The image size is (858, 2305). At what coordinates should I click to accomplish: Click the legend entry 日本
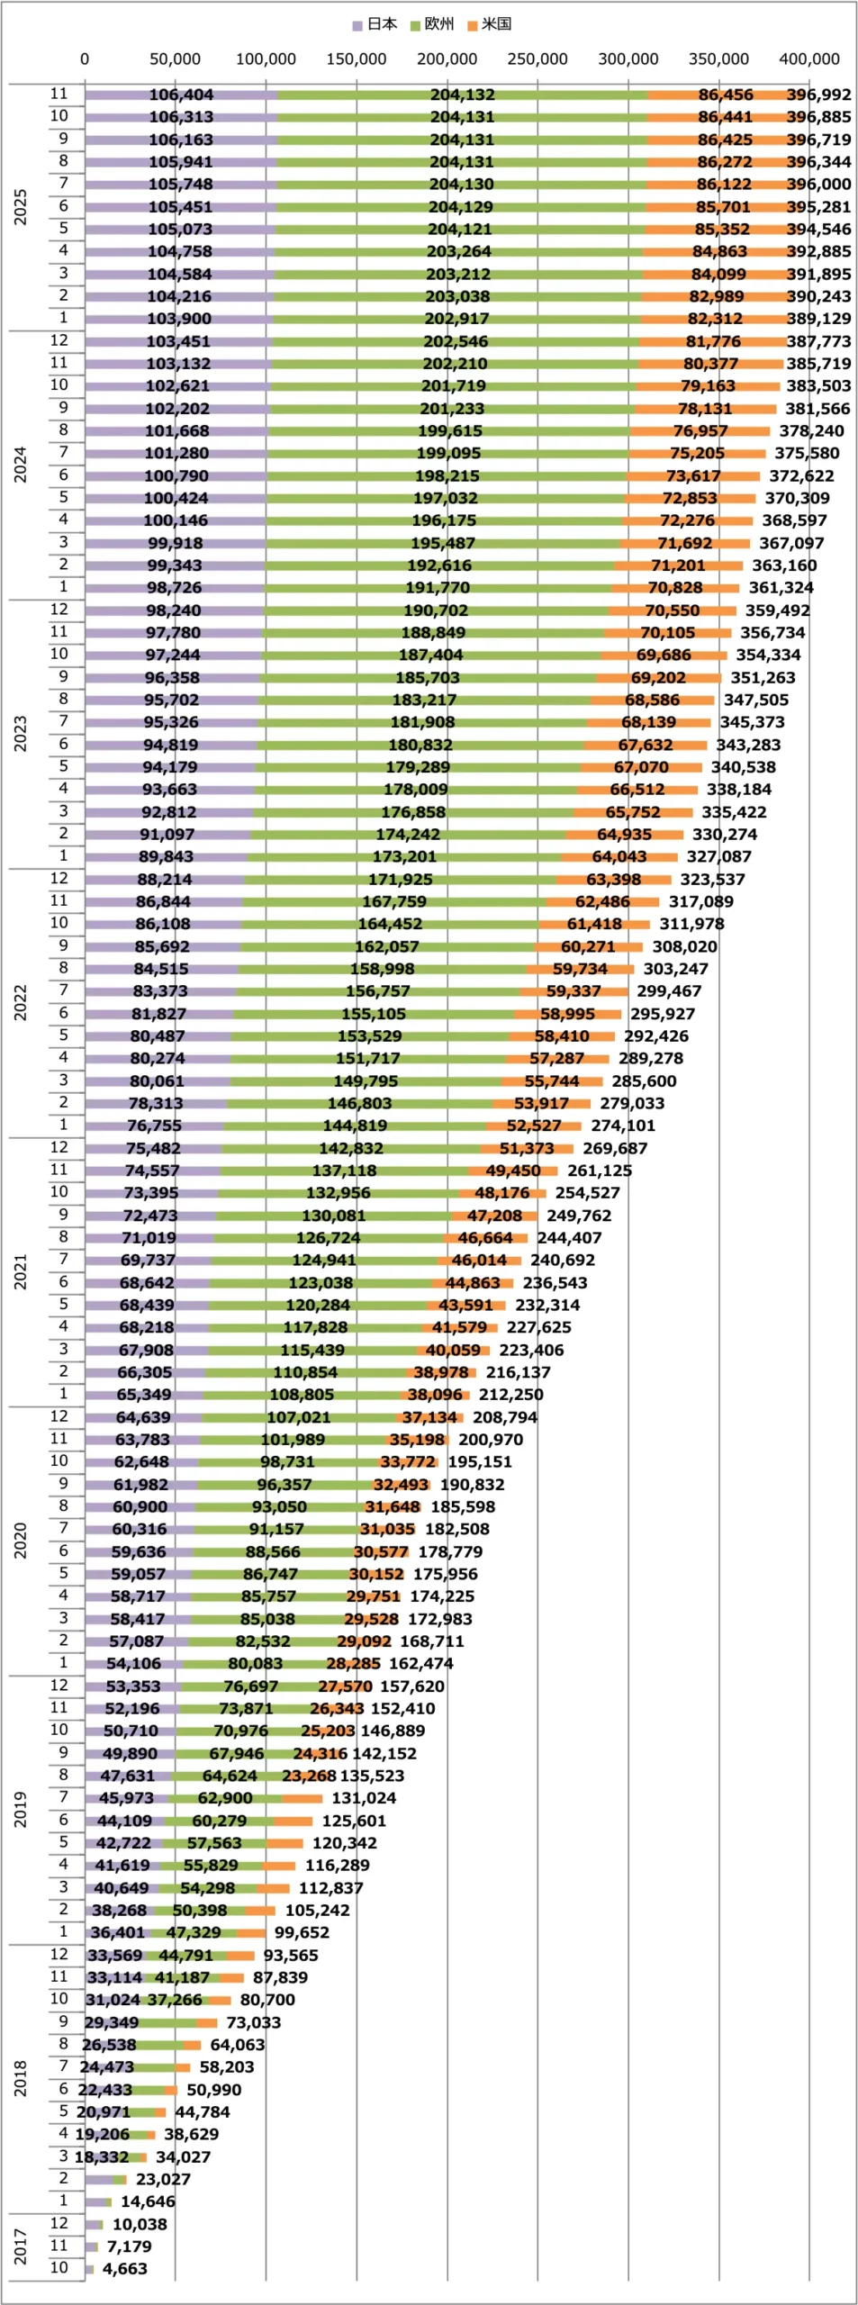[x=375, y=24]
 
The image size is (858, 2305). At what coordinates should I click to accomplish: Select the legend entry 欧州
[x=432, y=24]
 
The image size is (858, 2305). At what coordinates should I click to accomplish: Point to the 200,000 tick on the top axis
[x=447, y=59]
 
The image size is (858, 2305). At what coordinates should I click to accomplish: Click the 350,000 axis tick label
[x=718, y=59]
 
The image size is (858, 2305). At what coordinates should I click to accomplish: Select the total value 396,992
[x=818, y=95]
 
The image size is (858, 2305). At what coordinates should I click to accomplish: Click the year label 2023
[x=21, y=734]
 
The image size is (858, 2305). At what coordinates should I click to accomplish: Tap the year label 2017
[x=21, y=2246]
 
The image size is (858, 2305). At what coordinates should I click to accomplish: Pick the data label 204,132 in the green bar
[x=462, y=95]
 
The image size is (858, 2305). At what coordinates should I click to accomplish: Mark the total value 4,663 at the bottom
[x=124, y=2269]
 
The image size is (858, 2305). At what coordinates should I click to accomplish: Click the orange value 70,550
[x=672, y=610]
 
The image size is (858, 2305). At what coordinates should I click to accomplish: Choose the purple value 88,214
[x=164, y=880]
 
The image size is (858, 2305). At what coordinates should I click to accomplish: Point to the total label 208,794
[x=505, y=1417]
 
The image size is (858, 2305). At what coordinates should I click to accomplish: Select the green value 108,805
[x=302, y=1395]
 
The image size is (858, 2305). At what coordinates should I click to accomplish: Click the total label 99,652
[x=302, y=1933]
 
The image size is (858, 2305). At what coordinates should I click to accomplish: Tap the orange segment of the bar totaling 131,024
[x=302, y=1798]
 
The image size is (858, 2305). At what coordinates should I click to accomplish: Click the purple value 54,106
[x=133, y=1664]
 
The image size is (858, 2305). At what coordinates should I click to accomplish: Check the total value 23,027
[x=163, y=2180]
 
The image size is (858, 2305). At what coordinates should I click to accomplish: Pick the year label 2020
[x=21, y=1541]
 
